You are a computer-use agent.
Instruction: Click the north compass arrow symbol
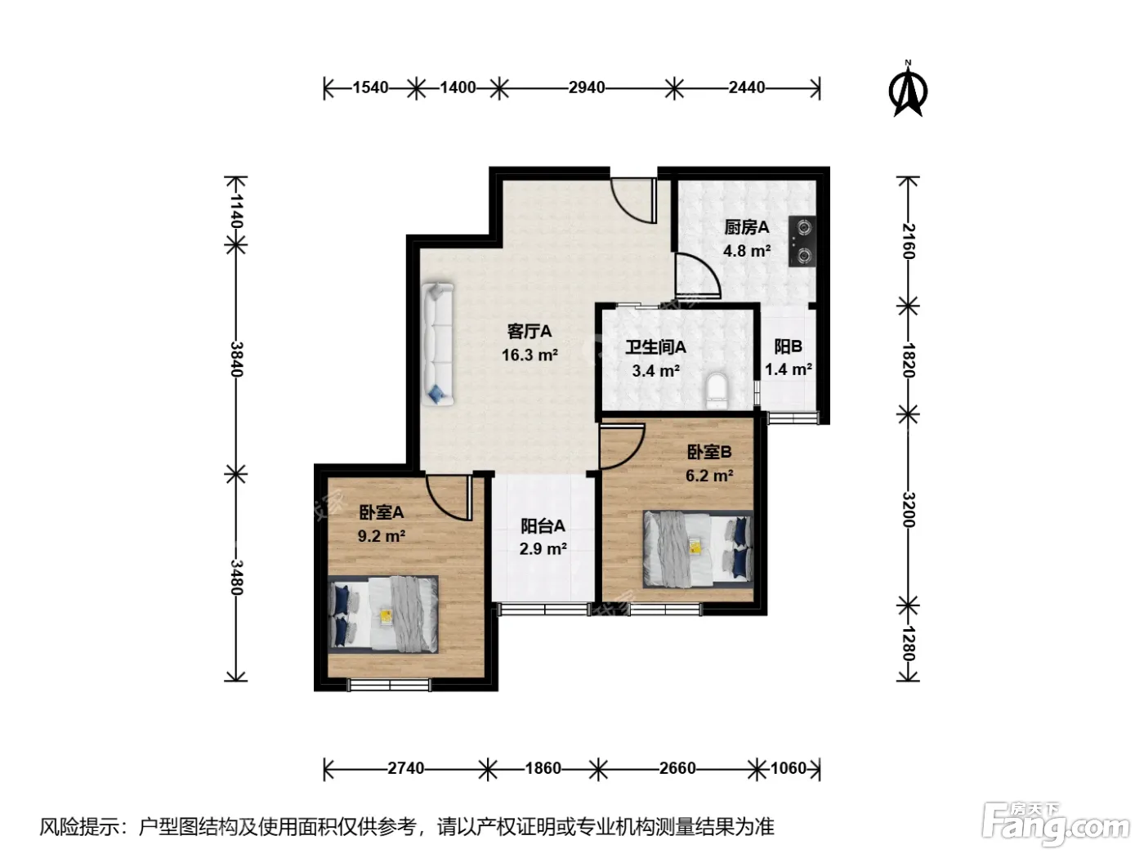[907, 88]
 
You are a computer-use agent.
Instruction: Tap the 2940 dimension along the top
[587, 87]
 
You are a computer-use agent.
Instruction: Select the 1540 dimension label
[370, 87]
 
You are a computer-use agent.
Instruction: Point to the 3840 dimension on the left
[236, 359]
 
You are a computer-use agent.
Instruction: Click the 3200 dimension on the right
[909, 509]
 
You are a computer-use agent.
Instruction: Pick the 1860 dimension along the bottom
[543, 768]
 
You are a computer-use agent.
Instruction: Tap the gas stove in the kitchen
[802, 241]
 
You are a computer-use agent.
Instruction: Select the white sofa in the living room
[437, 344]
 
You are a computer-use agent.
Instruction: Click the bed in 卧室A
[383, 614]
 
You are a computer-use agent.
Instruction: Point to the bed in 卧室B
[699, 549]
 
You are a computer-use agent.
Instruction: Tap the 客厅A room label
[529, 331]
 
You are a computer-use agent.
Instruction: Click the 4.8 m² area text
[746, 251]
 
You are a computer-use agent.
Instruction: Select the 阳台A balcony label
[543, 526]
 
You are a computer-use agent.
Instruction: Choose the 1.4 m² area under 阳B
[788, 369]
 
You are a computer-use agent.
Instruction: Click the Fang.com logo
[1055, 824]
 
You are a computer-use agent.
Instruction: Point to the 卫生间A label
[655, 347]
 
